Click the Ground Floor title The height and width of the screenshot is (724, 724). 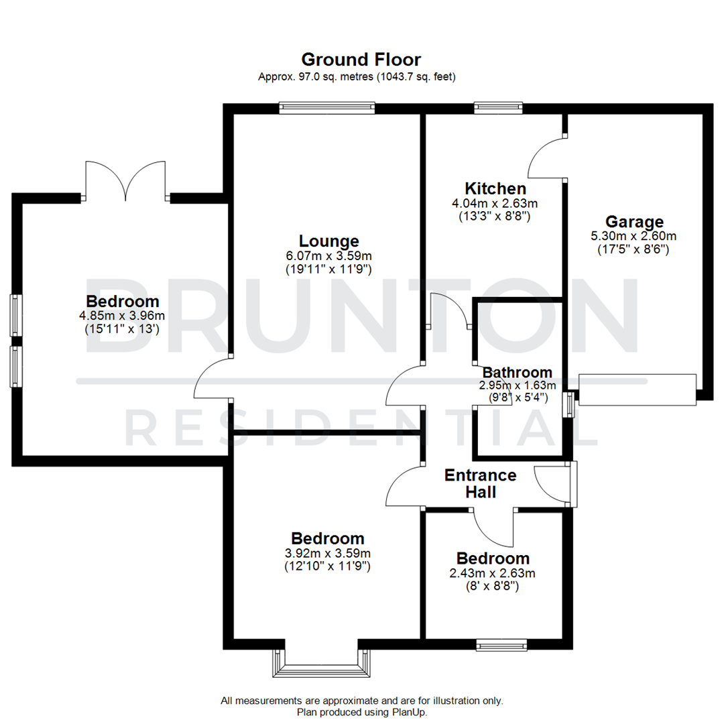click(361, 60)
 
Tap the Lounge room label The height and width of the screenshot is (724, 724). click(328, 241)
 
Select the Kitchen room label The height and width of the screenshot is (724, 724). click(495, 188)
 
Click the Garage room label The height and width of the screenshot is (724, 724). click(634, 221)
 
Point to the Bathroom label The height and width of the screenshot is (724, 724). click(518, 372)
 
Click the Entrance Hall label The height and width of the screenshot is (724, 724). click(481, 483)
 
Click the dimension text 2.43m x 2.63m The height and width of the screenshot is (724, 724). click(493, 573)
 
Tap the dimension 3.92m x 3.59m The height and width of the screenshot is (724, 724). click(328, 553)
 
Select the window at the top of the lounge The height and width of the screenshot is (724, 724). click(326, 107)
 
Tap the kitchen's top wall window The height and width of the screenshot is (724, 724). click(497, 107)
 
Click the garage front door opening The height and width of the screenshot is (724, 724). click(637, 389)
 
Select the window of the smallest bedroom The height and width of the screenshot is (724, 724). click(501, 645)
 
